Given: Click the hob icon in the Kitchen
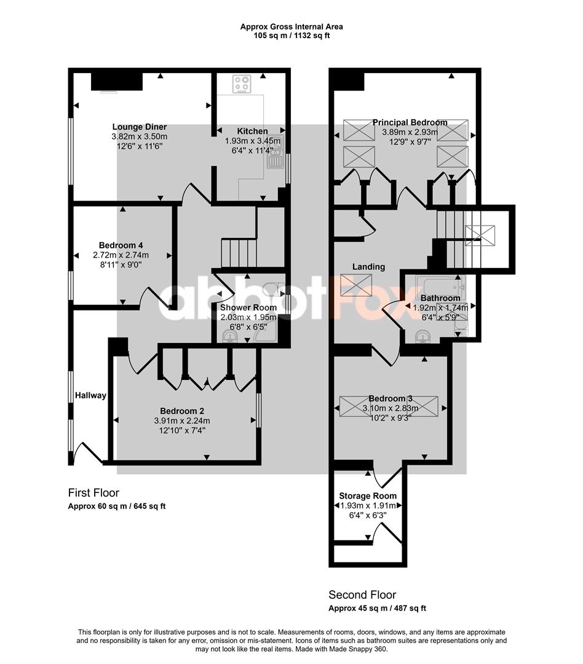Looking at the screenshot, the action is click(242, 84).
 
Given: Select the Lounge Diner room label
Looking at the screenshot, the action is click(140, 127).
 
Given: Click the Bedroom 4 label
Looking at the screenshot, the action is click(121, 245).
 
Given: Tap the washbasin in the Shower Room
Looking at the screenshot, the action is click(230, 337).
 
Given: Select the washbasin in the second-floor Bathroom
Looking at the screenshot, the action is click(423, 337).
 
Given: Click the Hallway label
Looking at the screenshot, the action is click(90, 395).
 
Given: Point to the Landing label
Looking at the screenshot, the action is click(368, 267).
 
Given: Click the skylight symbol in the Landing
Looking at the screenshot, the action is click(356, 285).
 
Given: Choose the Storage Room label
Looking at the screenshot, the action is click(368, 496).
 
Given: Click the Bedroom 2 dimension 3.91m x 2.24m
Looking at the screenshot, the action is click(182, 421).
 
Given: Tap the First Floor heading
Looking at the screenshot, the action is click(93, 493).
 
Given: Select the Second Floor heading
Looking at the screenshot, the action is click(362, 595).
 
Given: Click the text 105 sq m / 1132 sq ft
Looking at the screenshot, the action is click(291, 36).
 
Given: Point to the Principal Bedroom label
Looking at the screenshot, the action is click(410, 122).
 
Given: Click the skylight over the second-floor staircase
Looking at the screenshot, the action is click(480, 235).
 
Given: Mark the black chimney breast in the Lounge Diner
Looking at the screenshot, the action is click(117, 81).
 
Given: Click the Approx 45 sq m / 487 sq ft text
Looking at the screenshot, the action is click(378, 609).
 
